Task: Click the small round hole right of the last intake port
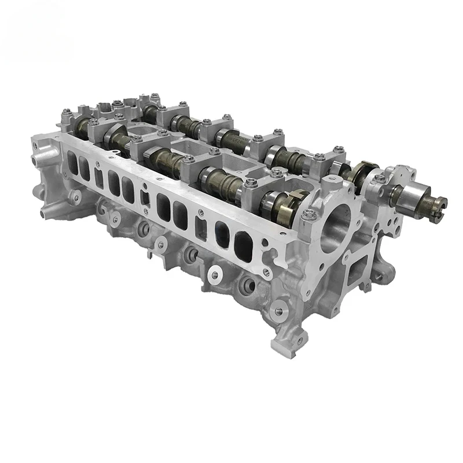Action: tap(265, 253)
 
